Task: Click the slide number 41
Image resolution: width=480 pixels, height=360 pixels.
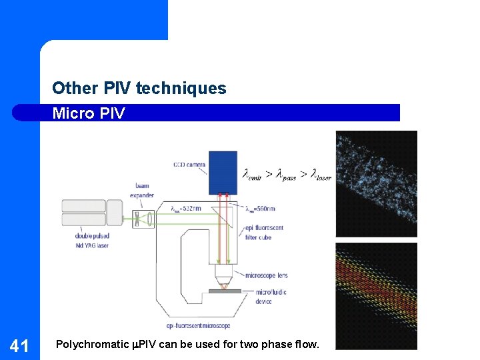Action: coord(19,345)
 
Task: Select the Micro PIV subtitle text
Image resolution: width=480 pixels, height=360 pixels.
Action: coord(88,113)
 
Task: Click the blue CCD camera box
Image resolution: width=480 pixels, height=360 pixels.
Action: coord(223,171)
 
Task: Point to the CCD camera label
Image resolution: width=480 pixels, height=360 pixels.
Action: coord(189,164)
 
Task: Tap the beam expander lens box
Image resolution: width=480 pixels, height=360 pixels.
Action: coord(142,219)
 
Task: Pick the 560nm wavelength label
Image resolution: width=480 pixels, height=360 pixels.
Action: coord(261,209)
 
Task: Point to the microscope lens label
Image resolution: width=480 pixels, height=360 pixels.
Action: coord(266,275)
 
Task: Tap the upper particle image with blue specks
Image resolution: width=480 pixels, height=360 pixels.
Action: coord(376,183)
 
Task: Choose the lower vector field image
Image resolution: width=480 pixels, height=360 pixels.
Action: coord(376,295)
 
